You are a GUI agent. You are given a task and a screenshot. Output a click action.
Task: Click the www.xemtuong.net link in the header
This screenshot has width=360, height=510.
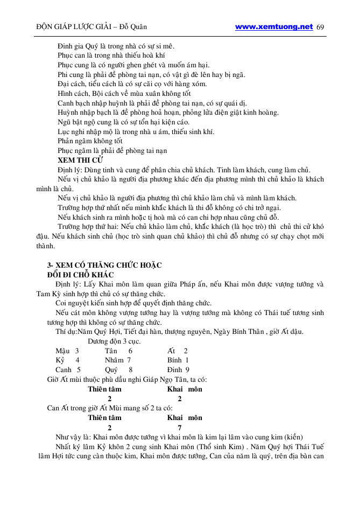[x=274, y=26]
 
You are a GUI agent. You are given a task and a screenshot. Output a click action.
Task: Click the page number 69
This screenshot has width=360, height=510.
[x=321, y=27]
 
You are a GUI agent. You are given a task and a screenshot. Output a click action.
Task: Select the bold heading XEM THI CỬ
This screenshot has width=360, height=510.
[x=80, y=160]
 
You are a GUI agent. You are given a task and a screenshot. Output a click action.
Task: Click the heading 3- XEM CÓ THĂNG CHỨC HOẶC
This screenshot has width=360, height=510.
[x=104, y=266]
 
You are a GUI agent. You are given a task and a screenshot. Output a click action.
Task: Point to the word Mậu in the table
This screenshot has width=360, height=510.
[x=63, y=351]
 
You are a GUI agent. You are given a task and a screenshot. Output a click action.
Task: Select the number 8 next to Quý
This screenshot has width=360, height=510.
[x=131, y=370]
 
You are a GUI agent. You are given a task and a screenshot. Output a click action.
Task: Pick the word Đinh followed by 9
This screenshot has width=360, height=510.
[x=174, y=370]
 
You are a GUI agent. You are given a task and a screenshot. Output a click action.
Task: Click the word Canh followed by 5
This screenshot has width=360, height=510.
[x=64, y=370]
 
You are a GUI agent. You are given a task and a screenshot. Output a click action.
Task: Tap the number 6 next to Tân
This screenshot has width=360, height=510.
[x=131, y=351]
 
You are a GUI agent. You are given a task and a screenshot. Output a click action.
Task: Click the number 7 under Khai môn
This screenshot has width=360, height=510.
[x=180, y=428]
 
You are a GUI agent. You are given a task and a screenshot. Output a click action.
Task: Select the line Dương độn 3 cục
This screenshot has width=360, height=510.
[x=114, y=341]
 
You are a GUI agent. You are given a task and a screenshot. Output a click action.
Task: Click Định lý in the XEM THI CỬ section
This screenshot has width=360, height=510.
[x=70, y=170]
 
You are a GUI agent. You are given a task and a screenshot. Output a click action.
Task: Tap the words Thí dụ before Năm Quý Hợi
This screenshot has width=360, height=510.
[x=66, y=331]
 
